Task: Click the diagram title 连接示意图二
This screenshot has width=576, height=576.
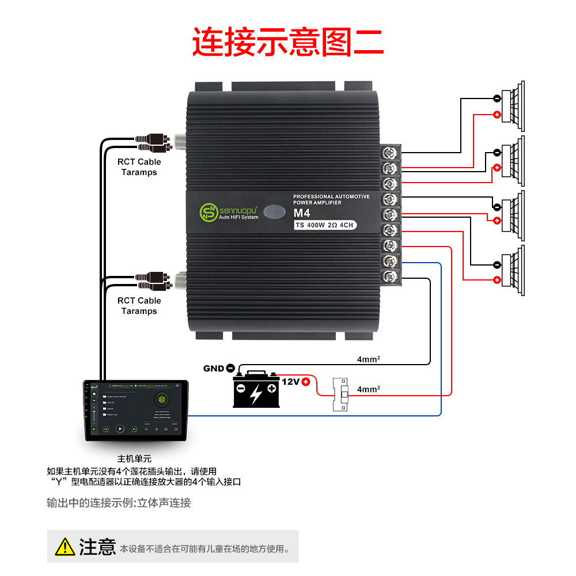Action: click(287, 42)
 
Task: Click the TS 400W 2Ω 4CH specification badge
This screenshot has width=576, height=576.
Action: click(325, 225)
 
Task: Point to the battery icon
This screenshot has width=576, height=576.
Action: click(256, 390)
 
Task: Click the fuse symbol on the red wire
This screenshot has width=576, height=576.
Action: click(341, 395)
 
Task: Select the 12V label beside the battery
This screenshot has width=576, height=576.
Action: click(291, 381)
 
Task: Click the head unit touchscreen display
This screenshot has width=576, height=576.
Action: click(137, 410)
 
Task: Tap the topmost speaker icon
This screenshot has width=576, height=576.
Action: click(514, 104)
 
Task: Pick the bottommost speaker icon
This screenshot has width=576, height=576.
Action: click(514, 271)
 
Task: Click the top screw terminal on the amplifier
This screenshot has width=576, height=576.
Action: click(391, 153)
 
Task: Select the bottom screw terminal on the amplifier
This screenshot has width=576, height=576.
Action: click(391, 276)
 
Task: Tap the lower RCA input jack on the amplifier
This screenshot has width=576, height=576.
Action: click(180, 281)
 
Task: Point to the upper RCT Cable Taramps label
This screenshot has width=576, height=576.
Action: click(139, 167)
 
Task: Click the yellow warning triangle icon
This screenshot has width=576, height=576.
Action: click(65, 546)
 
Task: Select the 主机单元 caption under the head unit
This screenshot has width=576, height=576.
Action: click(134, 459)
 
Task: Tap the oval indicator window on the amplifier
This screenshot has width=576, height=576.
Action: click(276, 211)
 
